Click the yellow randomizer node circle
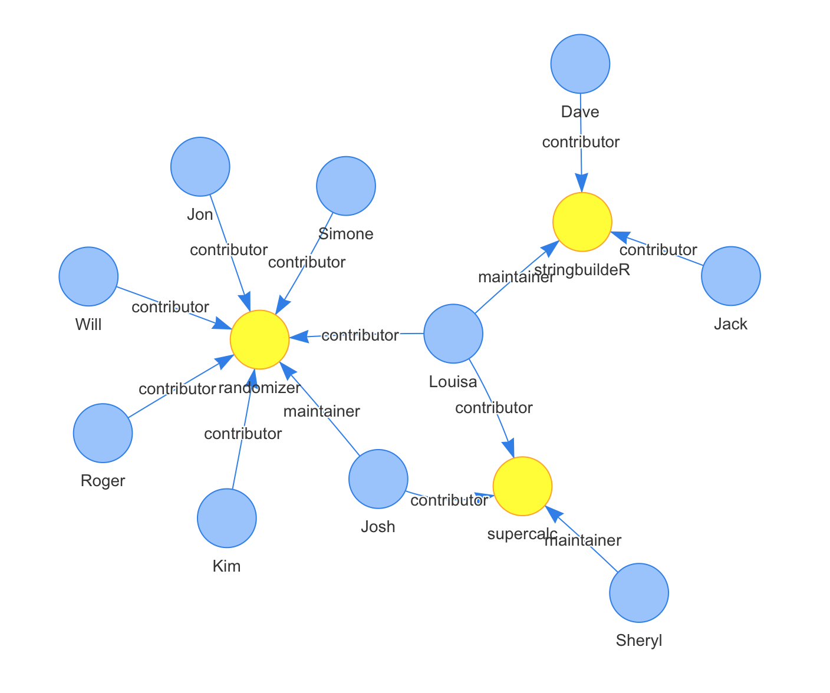(259, 339)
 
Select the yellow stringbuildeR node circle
(582, 222)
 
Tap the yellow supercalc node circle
(522, 486)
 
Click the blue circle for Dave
(580, 64)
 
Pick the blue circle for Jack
(731, 276)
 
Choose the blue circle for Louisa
(453, 334)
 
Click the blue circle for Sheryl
(639, 593)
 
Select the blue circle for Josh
(378, 479)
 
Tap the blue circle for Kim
(227, 519)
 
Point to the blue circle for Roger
(103, 433)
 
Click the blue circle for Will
(88, 276)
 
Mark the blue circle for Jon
(200, 167)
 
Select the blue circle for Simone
(346, 186)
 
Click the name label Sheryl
(639, 641)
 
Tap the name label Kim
(227, 566)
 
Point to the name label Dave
(580, 112)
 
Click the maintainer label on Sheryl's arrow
(583, 540)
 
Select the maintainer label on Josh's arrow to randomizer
(321, 411)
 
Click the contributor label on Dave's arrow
(581, 142)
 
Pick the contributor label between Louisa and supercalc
(494, 408)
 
